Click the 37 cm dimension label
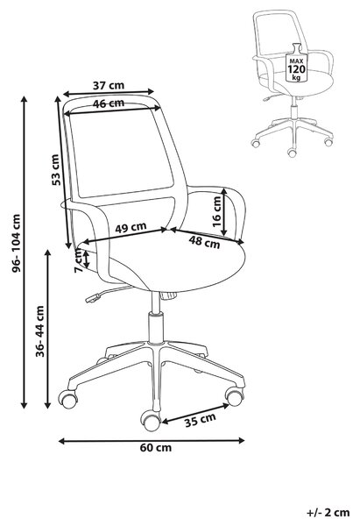(109, 86)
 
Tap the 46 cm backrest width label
(109, 103)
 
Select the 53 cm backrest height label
(56, 170)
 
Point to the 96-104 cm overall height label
(16, 243)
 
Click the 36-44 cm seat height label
(40, 331)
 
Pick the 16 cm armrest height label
(217, 211)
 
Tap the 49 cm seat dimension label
(131, 227)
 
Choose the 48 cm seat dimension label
(204, 242)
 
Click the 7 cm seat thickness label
(79, 261)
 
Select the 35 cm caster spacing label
(201, 420)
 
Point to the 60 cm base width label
(156, 447)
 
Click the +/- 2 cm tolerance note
(328, 513)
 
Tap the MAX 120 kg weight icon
(296, 62)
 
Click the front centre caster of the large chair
(151, 421)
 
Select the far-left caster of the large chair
(68, 399)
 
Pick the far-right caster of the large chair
(234, 396)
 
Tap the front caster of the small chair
(292, 153)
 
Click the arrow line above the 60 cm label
(152, 441)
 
